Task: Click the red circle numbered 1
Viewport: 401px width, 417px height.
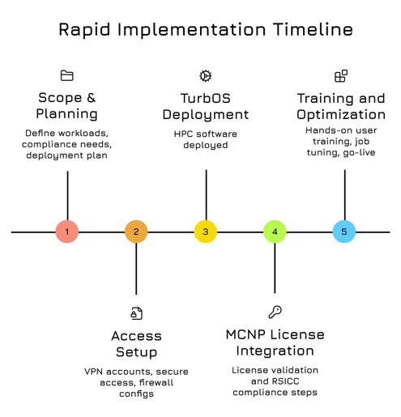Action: pyautogui.click(x=67, y=232)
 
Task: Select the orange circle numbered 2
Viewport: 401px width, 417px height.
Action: pyautogui.click(x=136, y=232)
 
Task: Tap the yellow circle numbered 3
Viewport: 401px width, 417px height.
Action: pyautogui.click(x=206, y=232)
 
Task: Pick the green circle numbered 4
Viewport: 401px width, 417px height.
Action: pyautogui.click(x=275, y=232)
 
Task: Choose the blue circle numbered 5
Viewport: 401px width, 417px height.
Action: pyautogui.click(x=344, y=232)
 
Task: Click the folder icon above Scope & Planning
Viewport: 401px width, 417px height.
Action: pyautogui.click(x=67, y=76)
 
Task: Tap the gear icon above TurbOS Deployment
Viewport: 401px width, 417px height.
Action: pyautogui.click(x=206, y=76)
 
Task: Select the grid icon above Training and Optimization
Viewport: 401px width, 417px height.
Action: pyautogui.click(x=341, y=76)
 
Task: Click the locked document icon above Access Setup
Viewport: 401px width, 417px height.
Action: pyautogui.click(x=136, y=313)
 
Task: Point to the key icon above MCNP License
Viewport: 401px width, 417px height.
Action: pyautogui.click(x=275, y=313)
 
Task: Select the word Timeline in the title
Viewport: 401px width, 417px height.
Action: pyautogui.click(x=313, y=30)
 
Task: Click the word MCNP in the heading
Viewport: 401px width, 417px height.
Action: pyautogui.click(x=249, y=335)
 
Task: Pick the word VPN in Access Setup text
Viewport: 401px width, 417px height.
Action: pyautogui.click(x=96, y=372)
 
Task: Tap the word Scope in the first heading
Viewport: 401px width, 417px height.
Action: pyautogui.click(x=60, y=98)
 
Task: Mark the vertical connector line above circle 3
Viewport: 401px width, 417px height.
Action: pyautogui.click(x=206, y=194)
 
